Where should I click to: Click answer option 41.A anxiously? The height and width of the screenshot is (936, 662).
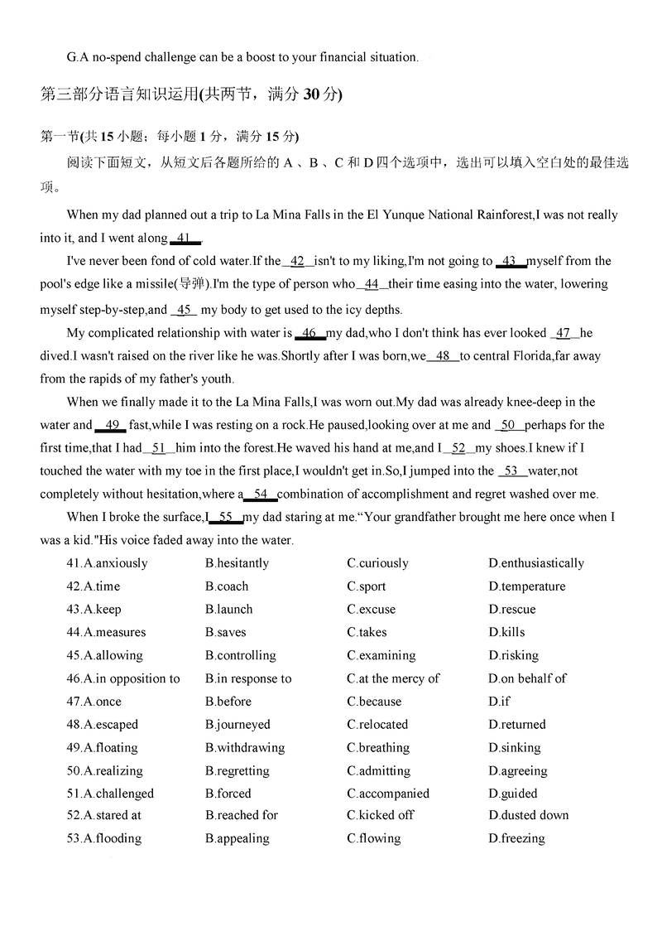107,563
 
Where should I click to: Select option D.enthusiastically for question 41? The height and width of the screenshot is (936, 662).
536,563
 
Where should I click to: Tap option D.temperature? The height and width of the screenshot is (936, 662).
527,586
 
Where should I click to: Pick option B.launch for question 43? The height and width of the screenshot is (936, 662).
229,609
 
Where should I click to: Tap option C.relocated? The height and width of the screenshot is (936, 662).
377,724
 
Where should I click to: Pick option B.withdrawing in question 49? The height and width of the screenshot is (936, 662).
245,747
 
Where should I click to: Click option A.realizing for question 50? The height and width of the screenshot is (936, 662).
104,770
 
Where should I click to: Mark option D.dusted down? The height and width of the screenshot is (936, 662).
529,815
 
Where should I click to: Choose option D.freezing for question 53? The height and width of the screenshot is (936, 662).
516,838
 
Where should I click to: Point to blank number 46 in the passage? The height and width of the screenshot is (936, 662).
309,333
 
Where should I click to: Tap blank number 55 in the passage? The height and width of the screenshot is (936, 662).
225,517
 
